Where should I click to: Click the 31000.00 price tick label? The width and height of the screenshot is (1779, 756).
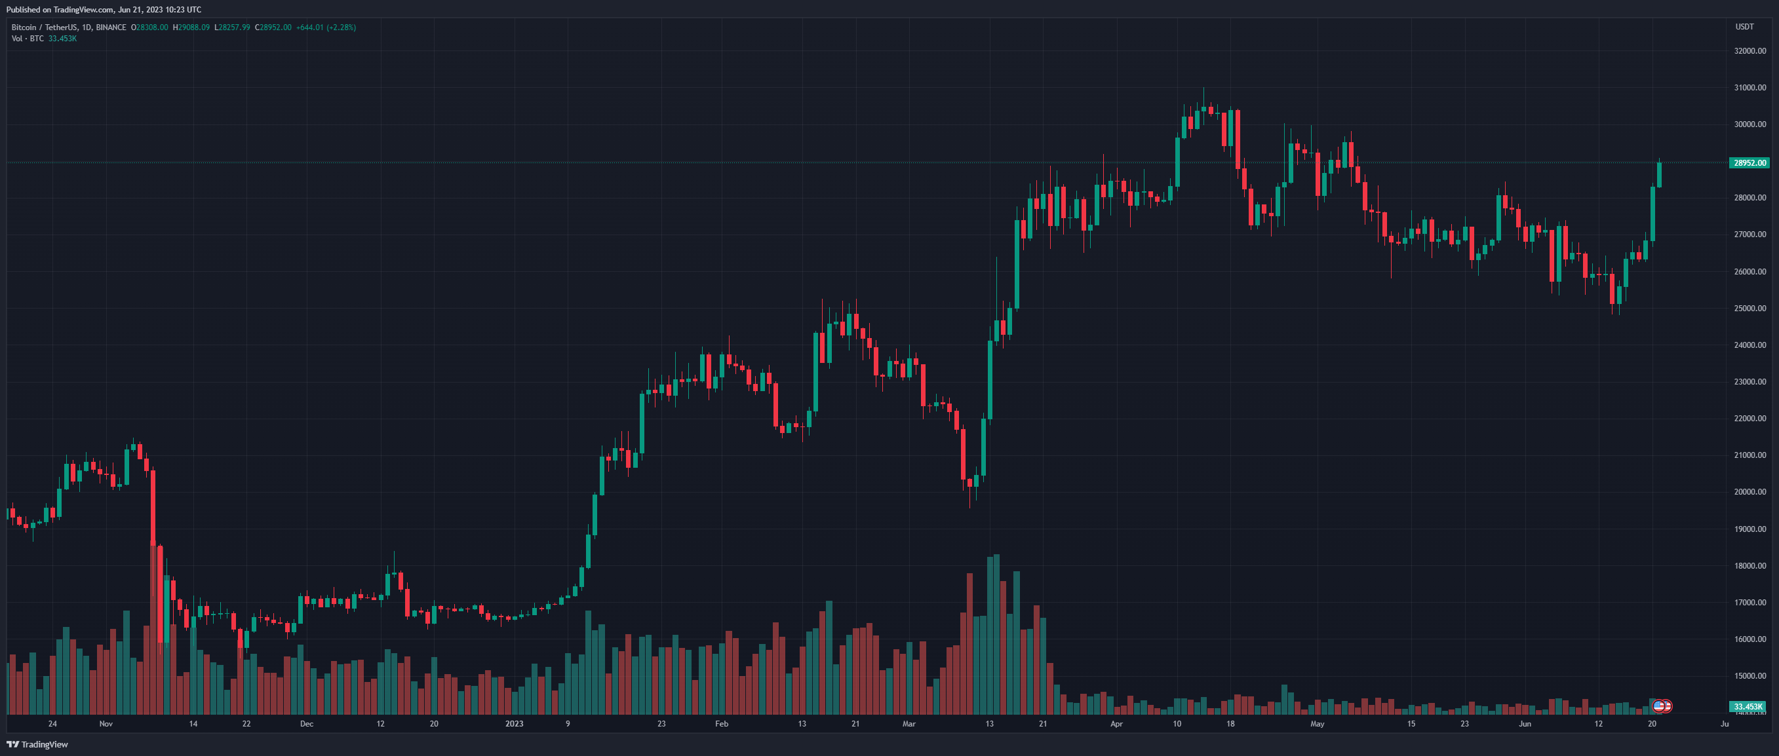[x=1750, y=88]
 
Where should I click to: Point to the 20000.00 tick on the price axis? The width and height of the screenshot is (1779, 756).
[x=1750, y=491]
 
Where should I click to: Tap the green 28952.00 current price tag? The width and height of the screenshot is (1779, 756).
[x=1750, y=163]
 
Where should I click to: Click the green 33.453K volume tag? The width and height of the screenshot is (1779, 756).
[x=1748, y=706]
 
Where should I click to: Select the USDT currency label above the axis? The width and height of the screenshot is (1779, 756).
[x=1744, y=27]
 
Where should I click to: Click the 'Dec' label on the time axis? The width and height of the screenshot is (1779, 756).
[x=307, y=723]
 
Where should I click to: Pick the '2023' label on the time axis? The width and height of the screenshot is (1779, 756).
[x=514, y=723]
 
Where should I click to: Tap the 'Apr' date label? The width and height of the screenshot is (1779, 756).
[x=1116, y=723]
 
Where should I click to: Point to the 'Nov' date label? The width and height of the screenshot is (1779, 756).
[x=106, y=723]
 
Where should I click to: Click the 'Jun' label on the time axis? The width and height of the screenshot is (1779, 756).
[x=1524, y=723]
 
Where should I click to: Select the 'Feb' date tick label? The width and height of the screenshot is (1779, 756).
[x=721, y=723]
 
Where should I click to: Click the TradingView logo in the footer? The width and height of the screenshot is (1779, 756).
[x=37, y=744]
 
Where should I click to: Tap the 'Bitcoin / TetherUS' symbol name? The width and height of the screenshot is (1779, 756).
[x=44, y=28]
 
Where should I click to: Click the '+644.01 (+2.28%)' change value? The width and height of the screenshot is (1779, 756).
[x=325, y=28]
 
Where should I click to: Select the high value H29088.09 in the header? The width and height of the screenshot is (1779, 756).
[x=191, y=28]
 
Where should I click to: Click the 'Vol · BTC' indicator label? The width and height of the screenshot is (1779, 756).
[x=28, y=39]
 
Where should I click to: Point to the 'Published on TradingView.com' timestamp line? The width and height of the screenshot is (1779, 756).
[x=104, y=10]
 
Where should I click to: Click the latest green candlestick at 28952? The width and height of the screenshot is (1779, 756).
[x=1659, y=175]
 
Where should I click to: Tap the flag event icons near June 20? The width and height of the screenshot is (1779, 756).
[x=1662, y=706]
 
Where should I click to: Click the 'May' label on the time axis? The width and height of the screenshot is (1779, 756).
[x=1317, y=723]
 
